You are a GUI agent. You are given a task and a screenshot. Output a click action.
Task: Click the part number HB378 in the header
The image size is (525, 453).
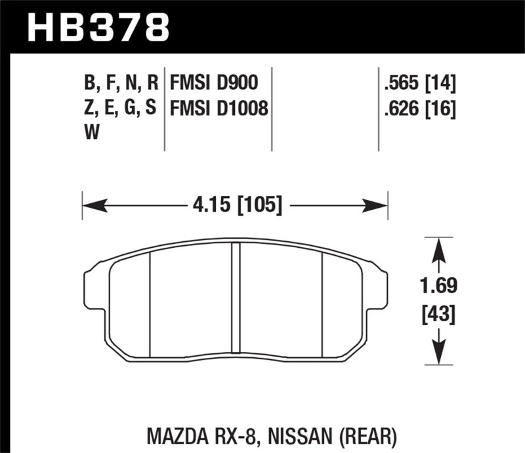click(x=98, y=28)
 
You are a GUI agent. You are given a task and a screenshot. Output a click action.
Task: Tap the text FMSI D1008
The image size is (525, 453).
click(x=219, y=108)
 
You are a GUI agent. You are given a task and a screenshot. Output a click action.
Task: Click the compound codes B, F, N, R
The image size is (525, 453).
click(x=121, y=83)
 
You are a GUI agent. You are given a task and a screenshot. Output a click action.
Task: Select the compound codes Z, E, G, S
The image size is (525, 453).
click(x=121, y=108)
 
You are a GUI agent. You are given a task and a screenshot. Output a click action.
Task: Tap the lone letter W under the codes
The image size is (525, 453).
click(x=93, y=134)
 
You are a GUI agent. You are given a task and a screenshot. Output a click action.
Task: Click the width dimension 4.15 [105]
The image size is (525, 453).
click(x=235, y=207)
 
